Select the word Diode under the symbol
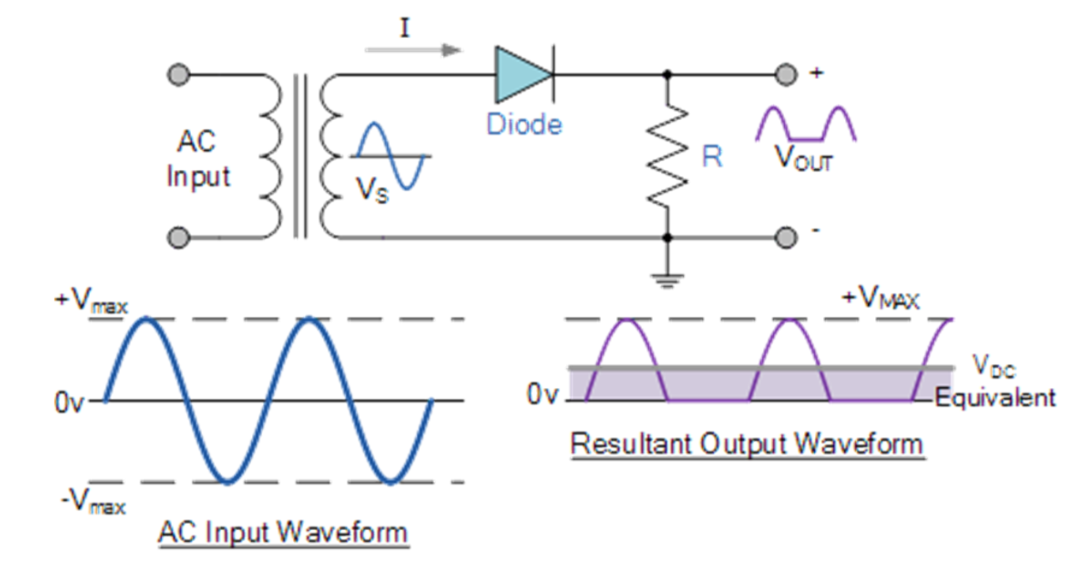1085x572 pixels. click(x=524, y=125)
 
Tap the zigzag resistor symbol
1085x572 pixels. click(x=667, y=156)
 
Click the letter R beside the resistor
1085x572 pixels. click(x=711, y=157)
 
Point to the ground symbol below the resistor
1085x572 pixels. click(x=667, y=278)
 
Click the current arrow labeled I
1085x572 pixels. click(x=412, y=49)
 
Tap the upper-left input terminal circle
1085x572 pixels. click(x=179, y=75)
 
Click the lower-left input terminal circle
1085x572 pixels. click(x=179, y=237)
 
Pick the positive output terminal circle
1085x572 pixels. click(x=784, y=75)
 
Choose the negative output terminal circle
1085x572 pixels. click(x=784, y=237)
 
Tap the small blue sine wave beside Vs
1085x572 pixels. click(x=391, y=156)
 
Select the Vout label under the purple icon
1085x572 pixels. click(x=803, y=158)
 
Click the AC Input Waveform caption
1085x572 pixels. click(x=283, y=532)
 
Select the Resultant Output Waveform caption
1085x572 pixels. click(x=746, y=444)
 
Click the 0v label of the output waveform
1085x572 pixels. click(x=544, y=394)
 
